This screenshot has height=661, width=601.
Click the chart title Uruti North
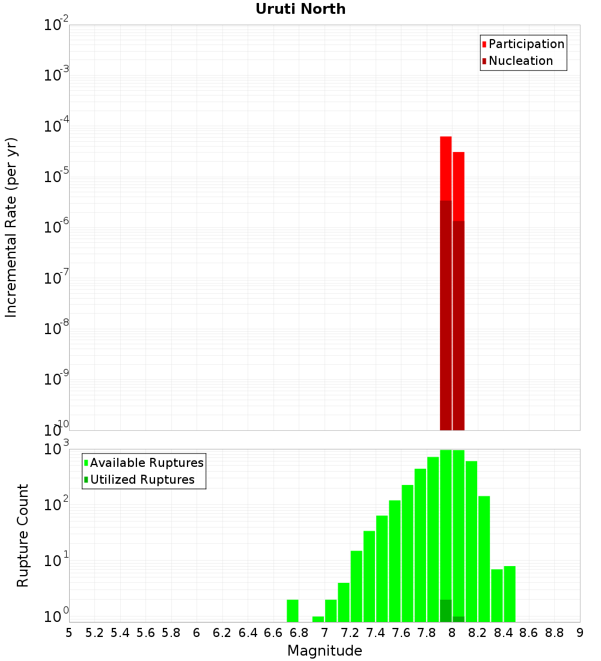(x=300, y=10)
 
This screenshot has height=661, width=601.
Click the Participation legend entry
(x=526, y=44)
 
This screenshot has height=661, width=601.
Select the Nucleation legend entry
(x=520, y=61)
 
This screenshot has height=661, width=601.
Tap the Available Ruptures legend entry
(x=146, y=463)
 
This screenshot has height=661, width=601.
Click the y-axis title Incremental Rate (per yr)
(x=11, y=227)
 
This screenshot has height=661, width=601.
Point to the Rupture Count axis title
(x=23, y=535)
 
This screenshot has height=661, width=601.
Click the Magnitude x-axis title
(x=325, y=651)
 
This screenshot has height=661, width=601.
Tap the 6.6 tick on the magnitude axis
(x=273, y=633)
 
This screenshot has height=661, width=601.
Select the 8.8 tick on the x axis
(x=554, y=633)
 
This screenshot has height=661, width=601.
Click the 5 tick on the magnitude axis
(x=69, y=633)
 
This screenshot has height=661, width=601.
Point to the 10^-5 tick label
(x=57, y=177)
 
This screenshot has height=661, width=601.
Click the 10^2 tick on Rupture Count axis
(x=57, y=504)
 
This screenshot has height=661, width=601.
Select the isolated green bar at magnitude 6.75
(x=292, y=611)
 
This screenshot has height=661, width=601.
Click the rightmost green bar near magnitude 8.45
(x=510, y=594)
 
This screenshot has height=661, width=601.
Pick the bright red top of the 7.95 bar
(x=446, y=168)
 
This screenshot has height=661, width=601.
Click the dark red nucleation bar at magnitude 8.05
(x=459, y=324)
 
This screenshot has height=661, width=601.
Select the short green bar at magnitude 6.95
(x=318, y=619)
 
